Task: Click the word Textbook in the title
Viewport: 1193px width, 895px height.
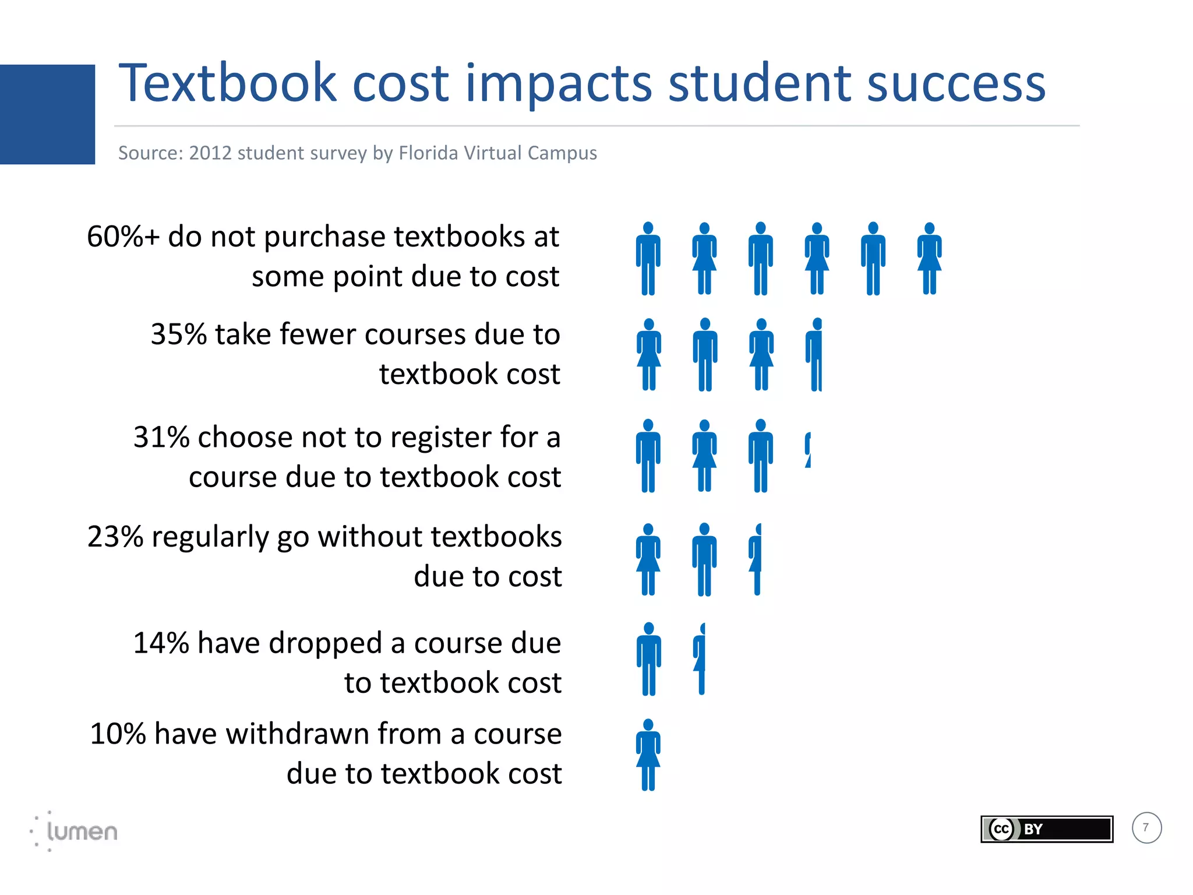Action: pos(227,83)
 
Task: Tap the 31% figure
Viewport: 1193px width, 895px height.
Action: pos(161,438)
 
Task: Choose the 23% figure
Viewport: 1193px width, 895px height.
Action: pos(115,537)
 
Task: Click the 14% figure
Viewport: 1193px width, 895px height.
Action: pos(161,643)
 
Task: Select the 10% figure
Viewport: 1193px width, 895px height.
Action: pos(117,734)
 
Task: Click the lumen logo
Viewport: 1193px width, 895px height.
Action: pos(75,831)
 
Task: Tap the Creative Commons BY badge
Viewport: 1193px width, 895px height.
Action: pos(1046,829)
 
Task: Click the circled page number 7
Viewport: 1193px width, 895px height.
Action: pos(1146,828)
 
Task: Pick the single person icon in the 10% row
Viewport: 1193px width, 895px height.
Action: pos(648,755)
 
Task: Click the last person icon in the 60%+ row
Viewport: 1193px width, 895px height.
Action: pos(929,259)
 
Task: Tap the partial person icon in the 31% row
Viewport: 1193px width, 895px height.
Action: pos(808,450)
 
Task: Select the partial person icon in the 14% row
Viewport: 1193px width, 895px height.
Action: pos(700,659)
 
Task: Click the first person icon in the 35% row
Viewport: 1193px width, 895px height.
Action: pos(648,354)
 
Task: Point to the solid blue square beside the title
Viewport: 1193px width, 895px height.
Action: pos(47,114)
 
